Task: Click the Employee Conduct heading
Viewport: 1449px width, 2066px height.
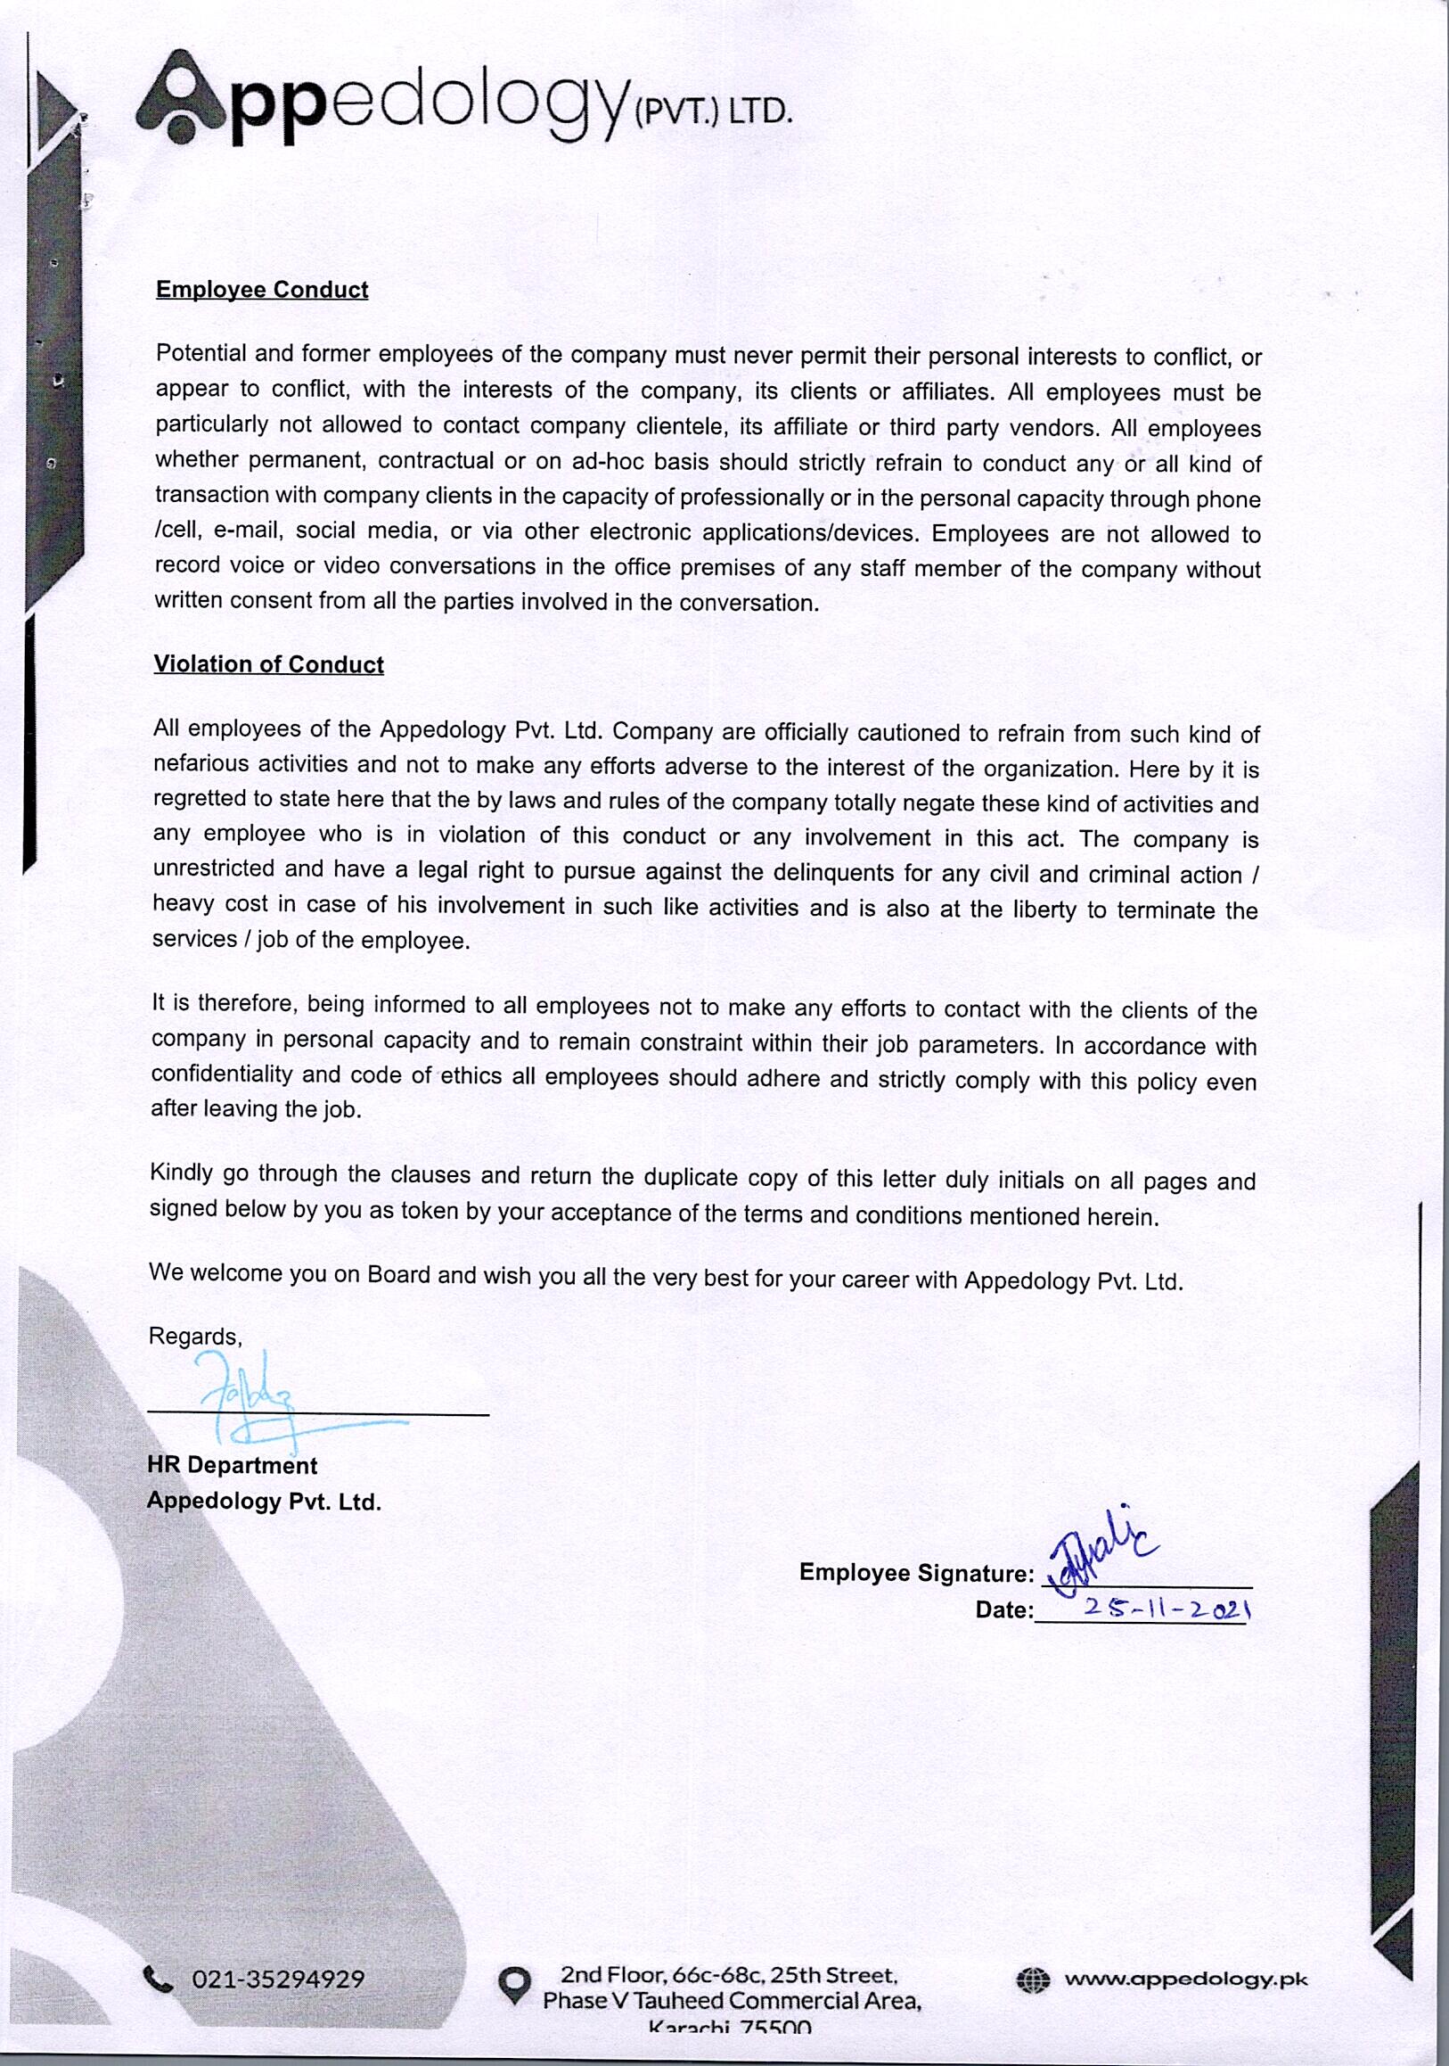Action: [262, 290]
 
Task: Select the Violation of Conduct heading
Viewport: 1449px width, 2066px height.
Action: [268, 664]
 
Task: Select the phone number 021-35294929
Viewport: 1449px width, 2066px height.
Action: [278, 1979]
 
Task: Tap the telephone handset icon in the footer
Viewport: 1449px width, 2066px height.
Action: [159, 1979]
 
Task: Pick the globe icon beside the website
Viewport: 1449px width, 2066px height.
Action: [1033, 1979]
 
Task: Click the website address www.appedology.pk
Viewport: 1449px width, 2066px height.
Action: [1184, 1979]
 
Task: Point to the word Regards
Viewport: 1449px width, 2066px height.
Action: [195, 1337]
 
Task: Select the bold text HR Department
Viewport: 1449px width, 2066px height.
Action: [232, 1465]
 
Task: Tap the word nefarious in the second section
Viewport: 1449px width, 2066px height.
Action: [200, 764]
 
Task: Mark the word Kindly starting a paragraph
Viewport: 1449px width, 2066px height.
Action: [181, 1173]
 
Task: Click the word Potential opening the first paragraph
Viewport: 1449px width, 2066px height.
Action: [201, 353]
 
